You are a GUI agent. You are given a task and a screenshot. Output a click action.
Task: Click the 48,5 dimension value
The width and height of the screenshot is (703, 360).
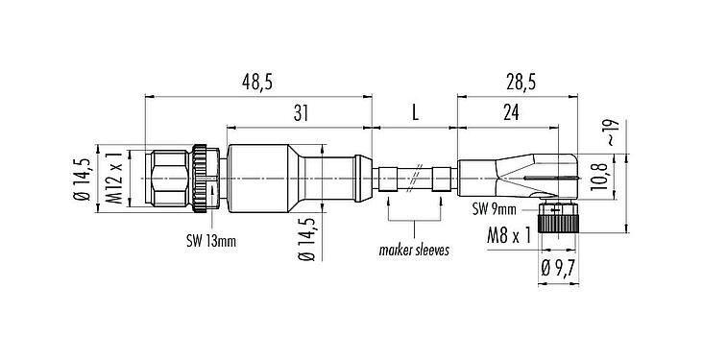click(256, 84)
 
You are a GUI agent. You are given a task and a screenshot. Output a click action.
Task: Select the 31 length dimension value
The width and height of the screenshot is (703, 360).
click(300, 114)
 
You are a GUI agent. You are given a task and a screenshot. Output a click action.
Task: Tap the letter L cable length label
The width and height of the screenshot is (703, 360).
click(415, 114)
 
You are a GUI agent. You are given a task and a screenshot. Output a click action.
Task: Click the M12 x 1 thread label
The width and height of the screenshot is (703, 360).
click(112, 180)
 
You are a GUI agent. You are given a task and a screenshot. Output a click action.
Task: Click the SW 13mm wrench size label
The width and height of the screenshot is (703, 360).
click(211, 241)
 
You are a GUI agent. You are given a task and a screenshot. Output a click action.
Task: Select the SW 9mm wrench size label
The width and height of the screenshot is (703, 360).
click(495, 209)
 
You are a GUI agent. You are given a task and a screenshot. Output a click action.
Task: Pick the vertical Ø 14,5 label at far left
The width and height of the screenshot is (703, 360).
click(85, 180)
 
